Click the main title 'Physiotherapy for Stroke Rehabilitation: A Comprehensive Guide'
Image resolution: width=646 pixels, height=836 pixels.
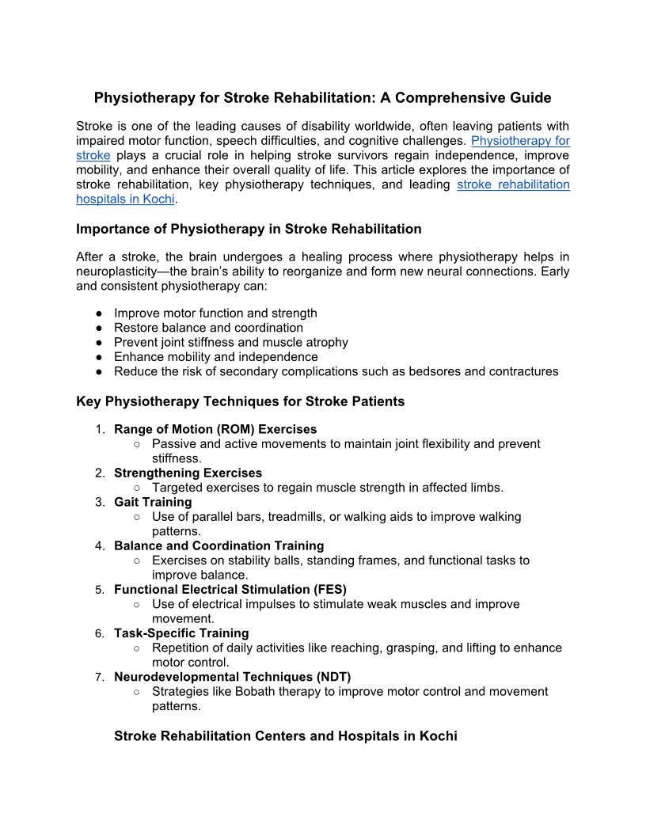point(322,98)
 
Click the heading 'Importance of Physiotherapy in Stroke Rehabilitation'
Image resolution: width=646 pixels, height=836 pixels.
point(249,229)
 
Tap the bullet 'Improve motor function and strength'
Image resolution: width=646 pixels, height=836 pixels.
point(215,313)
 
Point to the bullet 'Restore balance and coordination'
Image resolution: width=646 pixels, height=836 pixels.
point(208,328)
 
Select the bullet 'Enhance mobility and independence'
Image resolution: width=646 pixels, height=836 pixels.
point(215,357)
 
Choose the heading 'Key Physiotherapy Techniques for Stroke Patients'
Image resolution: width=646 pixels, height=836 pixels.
point(240,401)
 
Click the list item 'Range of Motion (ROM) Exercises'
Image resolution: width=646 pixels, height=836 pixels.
point(215,430)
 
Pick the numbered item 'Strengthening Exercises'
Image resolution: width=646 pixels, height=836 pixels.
point(188,473)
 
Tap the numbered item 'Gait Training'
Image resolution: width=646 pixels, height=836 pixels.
point(153,502)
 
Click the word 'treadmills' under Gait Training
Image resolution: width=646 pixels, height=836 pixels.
point(297,517)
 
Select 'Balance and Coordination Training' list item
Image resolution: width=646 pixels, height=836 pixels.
point(218,545)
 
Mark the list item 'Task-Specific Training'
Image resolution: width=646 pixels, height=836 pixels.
point(181,633)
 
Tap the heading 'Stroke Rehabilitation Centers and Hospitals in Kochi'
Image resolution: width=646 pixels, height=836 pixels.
point(285,736)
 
